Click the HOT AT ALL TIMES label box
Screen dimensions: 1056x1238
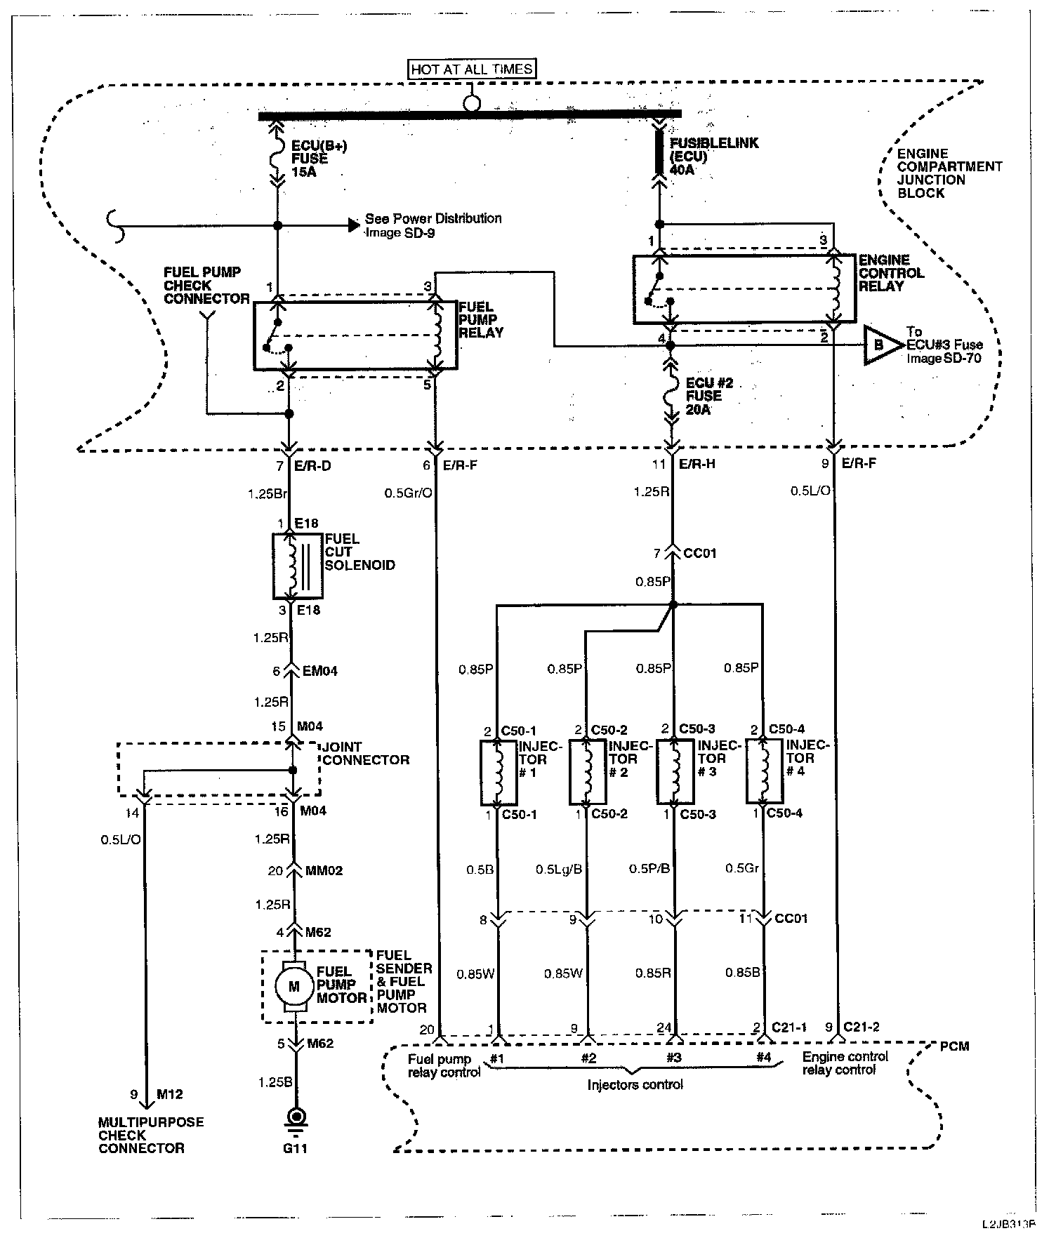click(472, 69)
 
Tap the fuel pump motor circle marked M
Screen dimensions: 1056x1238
click(294, 986)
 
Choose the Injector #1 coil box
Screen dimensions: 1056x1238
click(499, 772)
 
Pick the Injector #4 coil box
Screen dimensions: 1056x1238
click(764, 771)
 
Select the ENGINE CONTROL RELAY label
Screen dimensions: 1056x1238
click(891, 273)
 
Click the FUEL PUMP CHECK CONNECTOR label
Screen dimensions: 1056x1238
click(206, 285)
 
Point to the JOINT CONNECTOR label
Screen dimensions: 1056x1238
click(366, 753)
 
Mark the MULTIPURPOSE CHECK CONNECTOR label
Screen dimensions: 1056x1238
click(151, 1135)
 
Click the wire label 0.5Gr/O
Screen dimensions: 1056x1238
click(408, 493)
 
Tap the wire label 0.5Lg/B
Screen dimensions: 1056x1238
click(559, 869)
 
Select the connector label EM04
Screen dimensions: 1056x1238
click(319, 671)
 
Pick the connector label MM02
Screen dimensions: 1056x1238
click(324, 871)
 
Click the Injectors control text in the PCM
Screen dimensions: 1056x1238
click(635, 1084)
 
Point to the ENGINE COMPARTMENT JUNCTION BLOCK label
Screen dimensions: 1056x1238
click(949, 173)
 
